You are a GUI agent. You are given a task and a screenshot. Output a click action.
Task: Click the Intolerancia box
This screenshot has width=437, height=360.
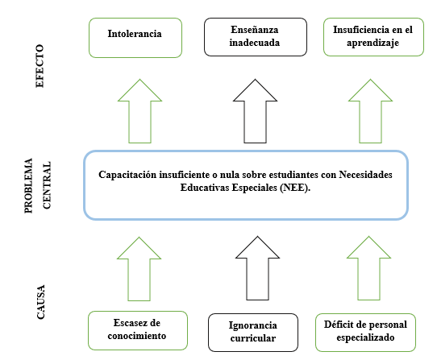tap(135, 38)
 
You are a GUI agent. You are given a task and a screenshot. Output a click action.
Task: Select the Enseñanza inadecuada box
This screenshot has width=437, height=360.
tap(256, 37)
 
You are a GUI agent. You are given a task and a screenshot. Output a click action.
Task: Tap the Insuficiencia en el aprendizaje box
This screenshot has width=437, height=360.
tap(373, 37)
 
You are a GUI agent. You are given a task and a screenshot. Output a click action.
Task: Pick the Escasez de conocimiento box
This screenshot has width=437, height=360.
tap(138, 330)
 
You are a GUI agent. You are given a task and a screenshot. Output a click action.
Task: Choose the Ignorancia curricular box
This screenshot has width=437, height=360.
tap(253, 333)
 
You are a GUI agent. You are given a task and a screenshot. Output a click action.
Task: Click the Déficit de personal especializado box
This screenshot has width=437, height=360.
tap(366, 333)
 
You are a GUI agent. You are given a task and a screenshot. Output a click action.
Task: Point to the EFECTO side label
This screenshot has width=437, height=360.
tap(40, 66)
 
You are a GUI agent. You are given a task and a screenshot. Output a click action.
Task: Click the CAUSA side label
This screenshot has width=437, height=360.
tap(40, 302)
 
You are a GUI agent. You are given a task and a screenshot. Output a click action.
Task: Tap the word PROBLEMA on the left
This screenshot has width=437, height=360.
tap(28, 186)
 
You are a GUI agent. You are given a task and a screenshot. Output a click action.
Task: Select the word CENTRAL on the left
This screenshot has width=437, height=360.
tap(46, 185)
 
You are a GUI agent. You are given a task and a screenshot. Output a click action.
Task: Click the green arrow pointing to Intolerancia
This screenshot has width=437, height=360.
tap(140, 111)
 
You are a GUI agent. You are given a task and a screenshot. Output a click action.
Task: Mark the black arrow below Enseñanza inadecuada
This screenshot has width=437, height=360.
tap(256, 111)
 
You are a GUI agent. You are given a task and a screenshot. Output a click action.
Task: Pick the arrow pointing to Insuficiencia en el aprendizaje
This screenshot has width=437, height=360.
tap(370, 111)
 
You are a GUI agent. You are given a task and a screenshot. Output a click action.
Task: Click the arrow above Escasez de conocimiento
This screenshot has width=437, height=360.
tap(139, 269)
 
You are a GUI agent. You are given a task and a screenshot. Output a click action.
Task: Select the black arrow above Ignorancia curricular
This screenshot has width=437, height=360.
tap(257, 268)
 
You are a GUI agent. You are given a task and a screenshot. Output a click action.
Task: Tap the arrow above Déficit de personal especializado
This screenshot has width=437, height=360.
tap(368, 268)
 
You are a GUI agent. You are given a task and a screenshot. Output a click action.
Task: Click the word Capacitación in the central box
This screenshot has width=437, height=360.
tap(127, 175)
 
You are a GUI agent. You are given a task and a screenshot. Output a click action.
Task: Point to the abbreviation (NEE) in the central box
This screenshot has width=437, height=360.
tap(295, 188)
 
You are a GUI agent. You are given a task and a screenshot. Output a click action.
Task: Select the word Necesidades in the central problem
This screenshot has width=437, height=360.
tap(366, 175)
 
